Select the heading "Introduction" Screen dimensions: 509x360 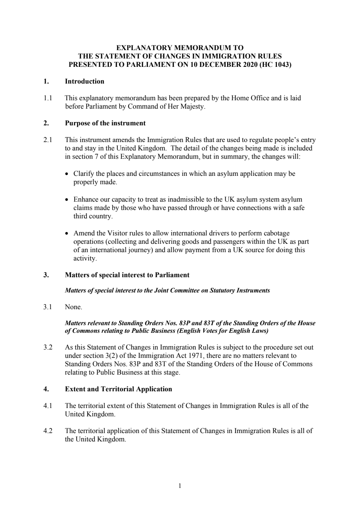click(84, 81)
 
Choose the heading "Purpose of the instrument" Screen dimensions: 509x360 click(105, 123)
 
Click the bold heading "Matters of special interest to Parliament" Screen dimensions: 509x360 click(127, 275)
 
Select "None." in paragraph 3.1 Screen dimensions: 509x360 click(73, 307)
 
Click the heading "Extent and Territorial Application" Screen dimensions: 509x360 click(118, 389)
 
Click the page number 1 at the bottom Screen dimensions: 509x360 click(180, 486)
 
